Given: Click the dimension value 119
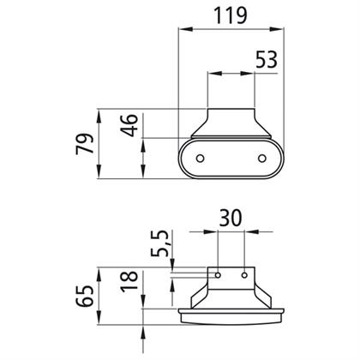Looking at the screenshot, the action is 231,15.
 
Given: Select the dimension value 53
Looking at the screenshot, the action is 267,59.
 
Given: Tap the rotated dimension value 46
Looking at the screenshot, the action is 129,125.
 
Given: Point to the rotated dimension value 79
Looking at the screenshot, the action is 85,143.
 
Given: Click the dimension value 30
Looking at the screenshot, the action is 231,219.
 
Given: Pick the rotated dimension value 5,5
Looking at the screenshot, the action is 159,243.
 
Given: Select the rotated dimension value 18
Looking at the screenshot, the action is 129,281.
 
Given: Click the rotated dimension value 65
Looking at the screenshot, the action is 85,296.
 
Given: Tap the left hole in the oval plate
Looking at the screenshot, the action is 201,158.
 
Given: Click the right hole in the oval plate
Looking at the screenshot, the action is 261,158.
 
